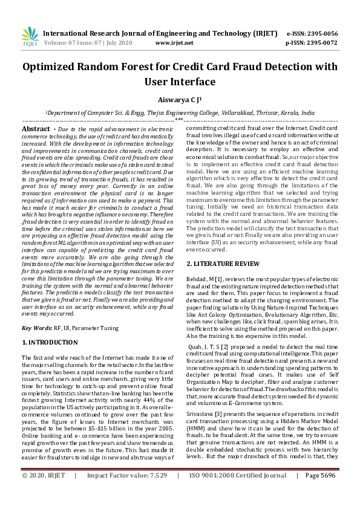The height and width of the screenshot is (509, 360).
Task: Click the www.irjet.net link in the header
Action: click(174, 43)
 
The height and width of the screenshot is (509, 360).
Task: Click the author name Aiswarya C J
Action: click(179, 99)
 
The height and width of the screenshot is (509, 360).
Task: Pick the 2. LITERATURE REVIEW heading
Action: click(222, 264)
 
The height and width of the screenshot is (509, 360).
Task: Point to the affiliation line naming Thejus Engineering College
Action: click(180, 112)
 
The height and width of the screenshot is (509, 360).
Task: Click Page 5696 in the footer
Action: click(319, 493)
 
